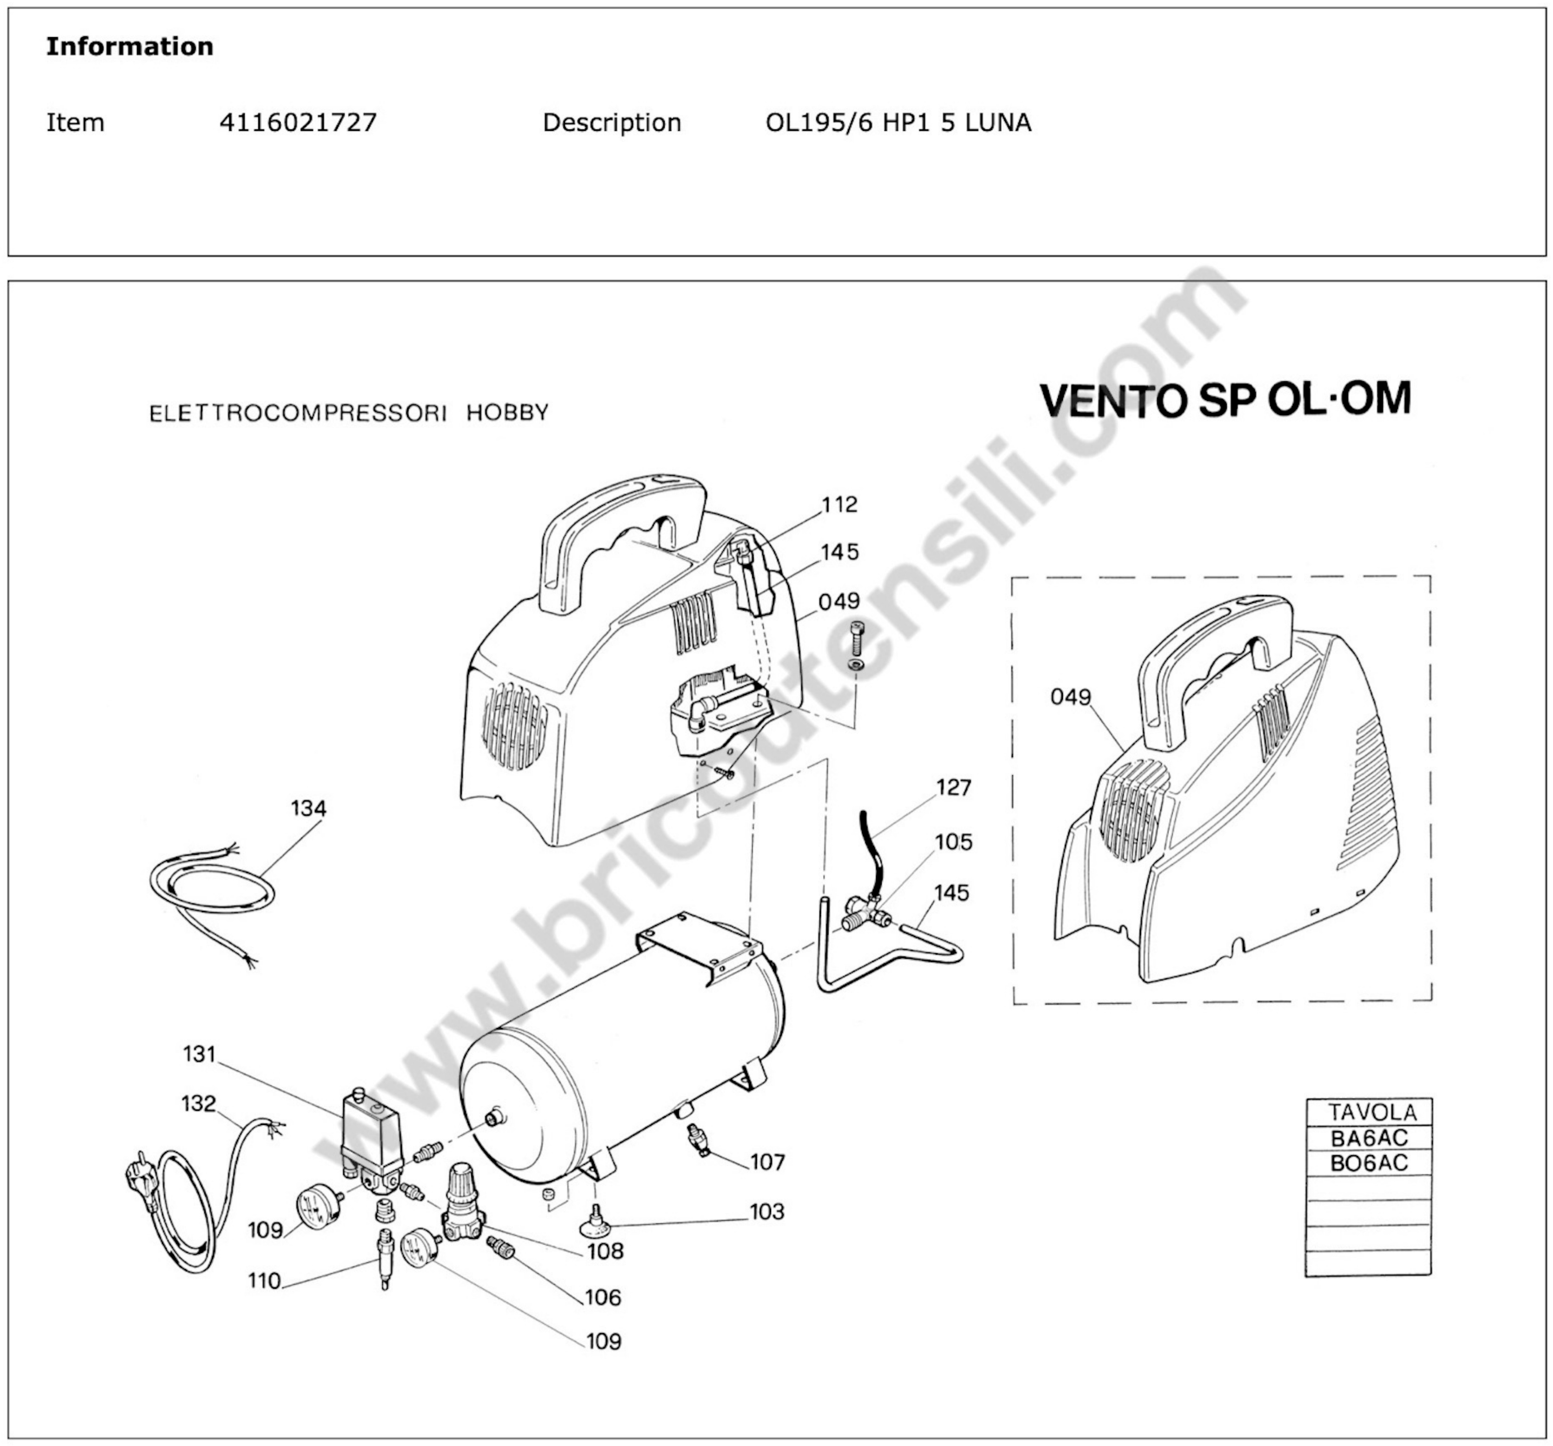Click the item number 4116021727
pyautogui.click(x=298, y=122)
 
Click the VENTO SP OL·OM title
pyautogui.click(x=1225, y=400)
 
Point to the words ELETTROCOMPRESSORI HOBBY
pyautogui.click(x=348, y=412)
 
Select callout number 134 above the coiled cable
pyautogui.click(x=308, y=808)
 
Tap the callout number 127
pyautogui.click(x=953, y=787)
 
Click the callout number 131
pyautogui.click(x=199, y=1054)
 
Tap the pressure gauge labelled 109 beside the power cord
pyautogui.click(x=318, y=1204)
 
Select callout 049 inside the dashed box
pyautogui.click(x=1070, y=696)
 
